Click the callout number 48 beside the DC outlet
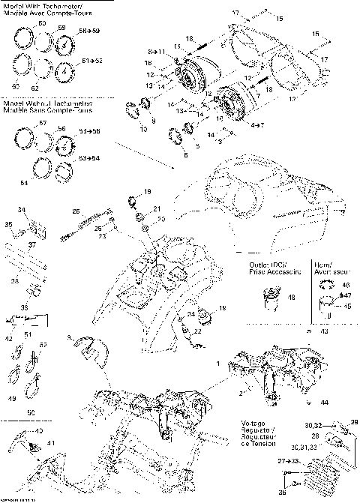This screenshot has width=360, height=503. pyautogui.click(x=291, y=298)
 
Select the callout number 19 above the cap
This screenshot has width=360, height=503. pyautogui.click(x=147, y=192)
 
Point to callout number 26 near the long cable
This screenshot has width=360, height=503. pyautogui.click(x=76, y=212)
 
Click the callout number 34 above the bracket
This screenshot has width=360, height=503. pyautogui.click(x=22, y=210)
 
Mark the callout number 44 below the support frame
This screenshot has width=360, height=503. pyautogui.click(x=324, y=403)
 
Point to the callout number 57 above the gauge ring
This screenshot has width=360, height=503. pyautogui.click(x=43, y=123)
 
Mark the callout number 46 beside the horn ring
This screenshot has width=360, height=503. pyautogui.click(x=325, y=286)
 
